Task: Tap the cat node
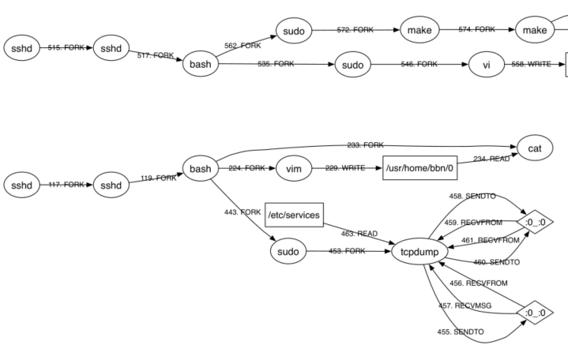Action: pyautogui.click(x=534, y=148)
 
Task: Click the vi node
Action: pyautogui.click(x=487, y=64)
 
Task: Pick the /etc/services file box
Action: pyautogui.click(x=294, y=215)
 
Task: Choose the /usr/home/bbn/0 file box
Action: pyautogui.click(x=420, y=169)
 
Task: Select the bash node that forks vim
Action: pyautogui.click(x=201, y=169)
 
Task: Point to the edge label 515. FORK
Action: pyautogui.click(x=66, y=48)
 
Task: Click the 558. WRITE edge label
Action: pyautogui.click(x=535, y=64)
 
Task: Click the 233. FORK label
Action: pyautogui.click(x=365, y=145)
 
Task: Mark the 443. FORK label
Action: pyautogui.click(x=243, y=212)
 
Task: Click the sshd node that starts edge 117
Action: pyautogui.click(x=22, y=185)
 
